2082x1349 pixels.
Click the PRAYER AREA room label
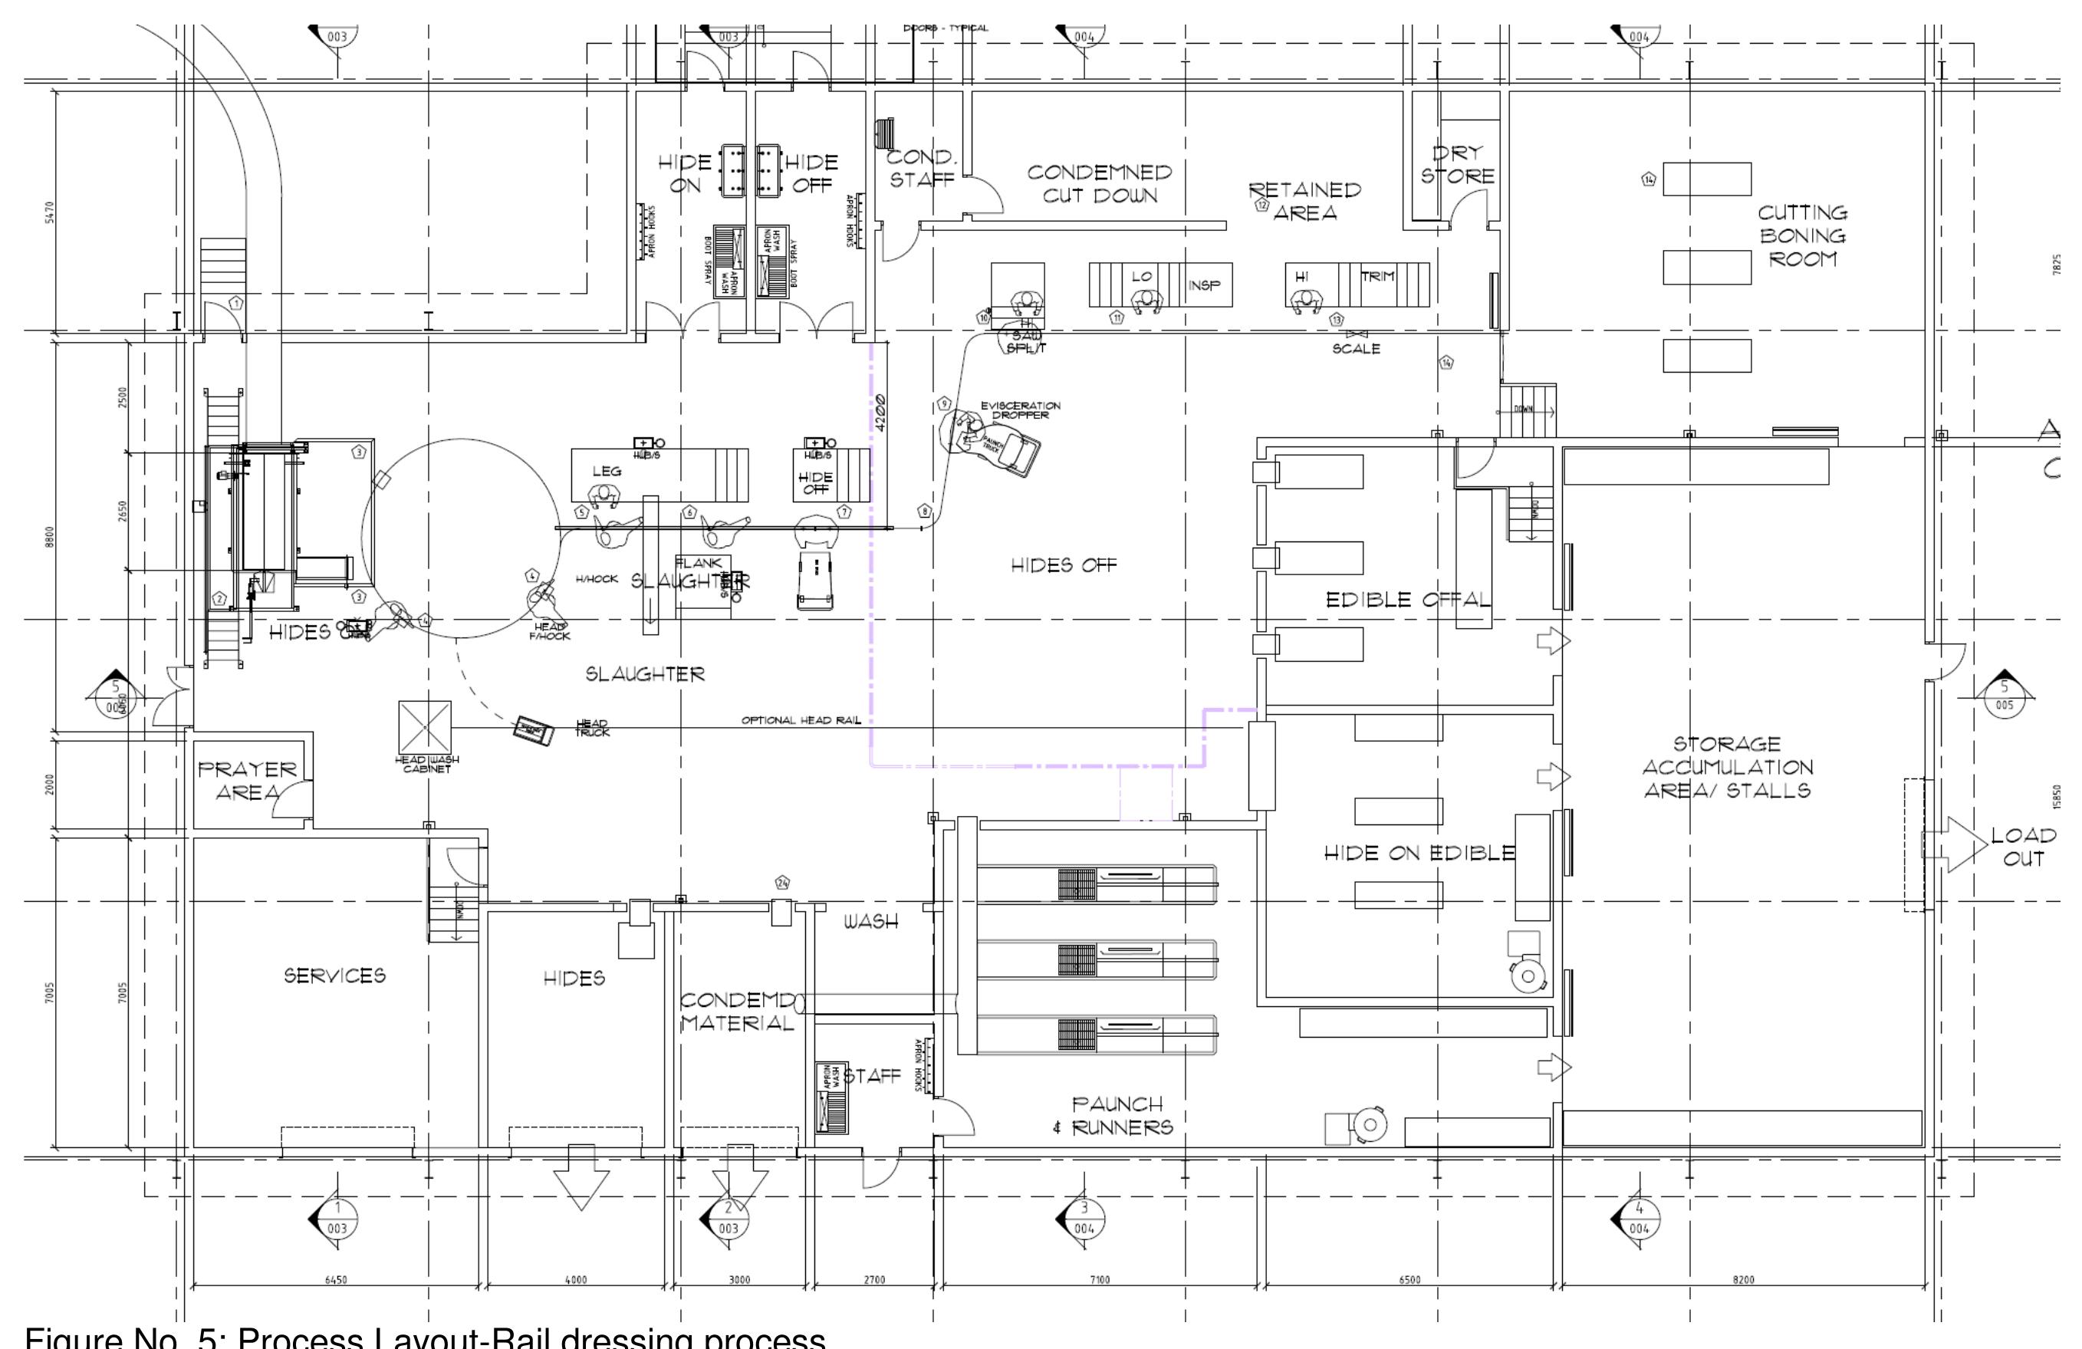click(248, 781)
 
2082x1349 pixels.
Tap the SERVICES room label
click(334, 976)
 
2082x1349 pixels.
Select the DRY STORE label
click(1456, 164)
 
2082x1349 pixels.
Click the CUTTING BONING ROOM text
click(1803, 236)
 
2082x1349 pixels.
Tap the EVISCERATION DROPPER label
click(1020, 410)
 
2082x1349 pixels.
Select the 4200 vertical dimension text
click(880, 412)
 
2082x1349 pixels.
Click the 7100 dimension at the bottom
click(1099, 1280)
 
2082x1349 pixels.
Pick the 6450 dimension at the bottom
click(336, 1280)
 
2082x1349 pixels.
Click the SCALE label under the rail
click(1356, 348)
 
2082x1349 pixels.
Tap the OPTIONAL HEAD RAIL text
click(801, 720)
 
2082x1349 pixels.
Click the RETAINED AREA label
click(1304, 201)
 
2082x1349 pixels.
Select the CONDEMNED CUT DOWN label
click(1100, 184)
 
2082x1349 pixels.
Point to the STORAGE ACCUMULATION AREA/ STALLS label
click(1728, 767)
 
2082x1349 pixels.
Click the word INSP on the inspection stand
click(1205, 285)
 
